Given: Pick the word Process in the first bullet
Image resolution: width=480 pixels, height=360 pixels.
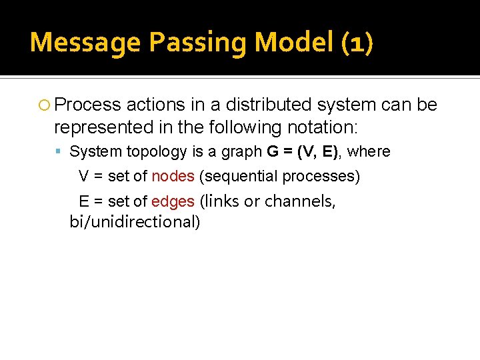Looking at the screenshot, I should pyautogui.click(x=88, y=105).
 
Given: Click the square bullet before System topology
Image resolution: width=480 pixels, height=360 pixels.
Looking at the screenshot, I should pyautogui.click(x=61, y=152).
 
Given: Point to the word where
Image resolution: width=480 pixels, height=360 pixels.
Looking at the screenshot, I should pyautogui.click(x=369, y=151).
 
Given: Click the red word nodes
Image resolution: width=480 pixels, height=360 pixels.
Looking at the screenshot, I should pyautogui.click(x=173, y=176).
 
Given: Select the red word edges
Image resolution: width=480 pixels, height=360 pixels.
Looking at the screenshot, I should pyautogui.click(x=173, y=201).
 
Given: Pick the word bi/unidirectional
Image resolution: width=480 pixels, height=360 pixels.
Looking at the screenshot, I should pyautogui.click(x=135, y=222).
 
